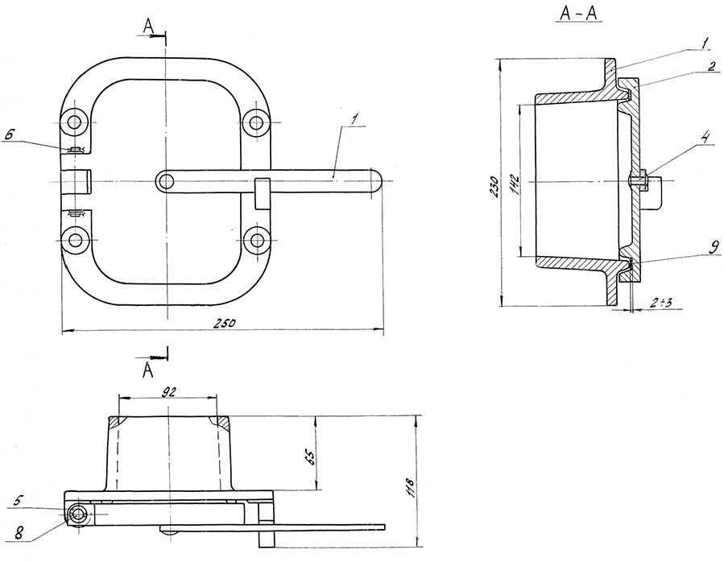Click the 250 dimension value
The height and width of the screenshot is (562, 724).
pyautogui.click(x=225, y=322)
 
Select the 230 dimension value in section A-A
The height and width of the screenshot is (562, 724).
pyautogui.click(x=494, y=187)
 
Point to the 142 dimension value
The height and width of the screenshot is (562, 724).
pyautogui.click(x=515, y=184)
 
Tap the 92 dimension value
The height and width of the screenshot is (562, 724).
pyautogui.click(x=169, y=391)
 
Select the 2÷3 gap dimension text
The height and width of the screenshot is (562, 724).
pyautogui.click(x=660, y=303)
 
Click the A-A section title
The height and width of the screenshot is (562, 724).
pyautogui.click(x=578, y=14)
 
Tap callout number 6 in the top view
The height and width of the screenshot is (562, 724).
pyautogui.click(x=10, y=134)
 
